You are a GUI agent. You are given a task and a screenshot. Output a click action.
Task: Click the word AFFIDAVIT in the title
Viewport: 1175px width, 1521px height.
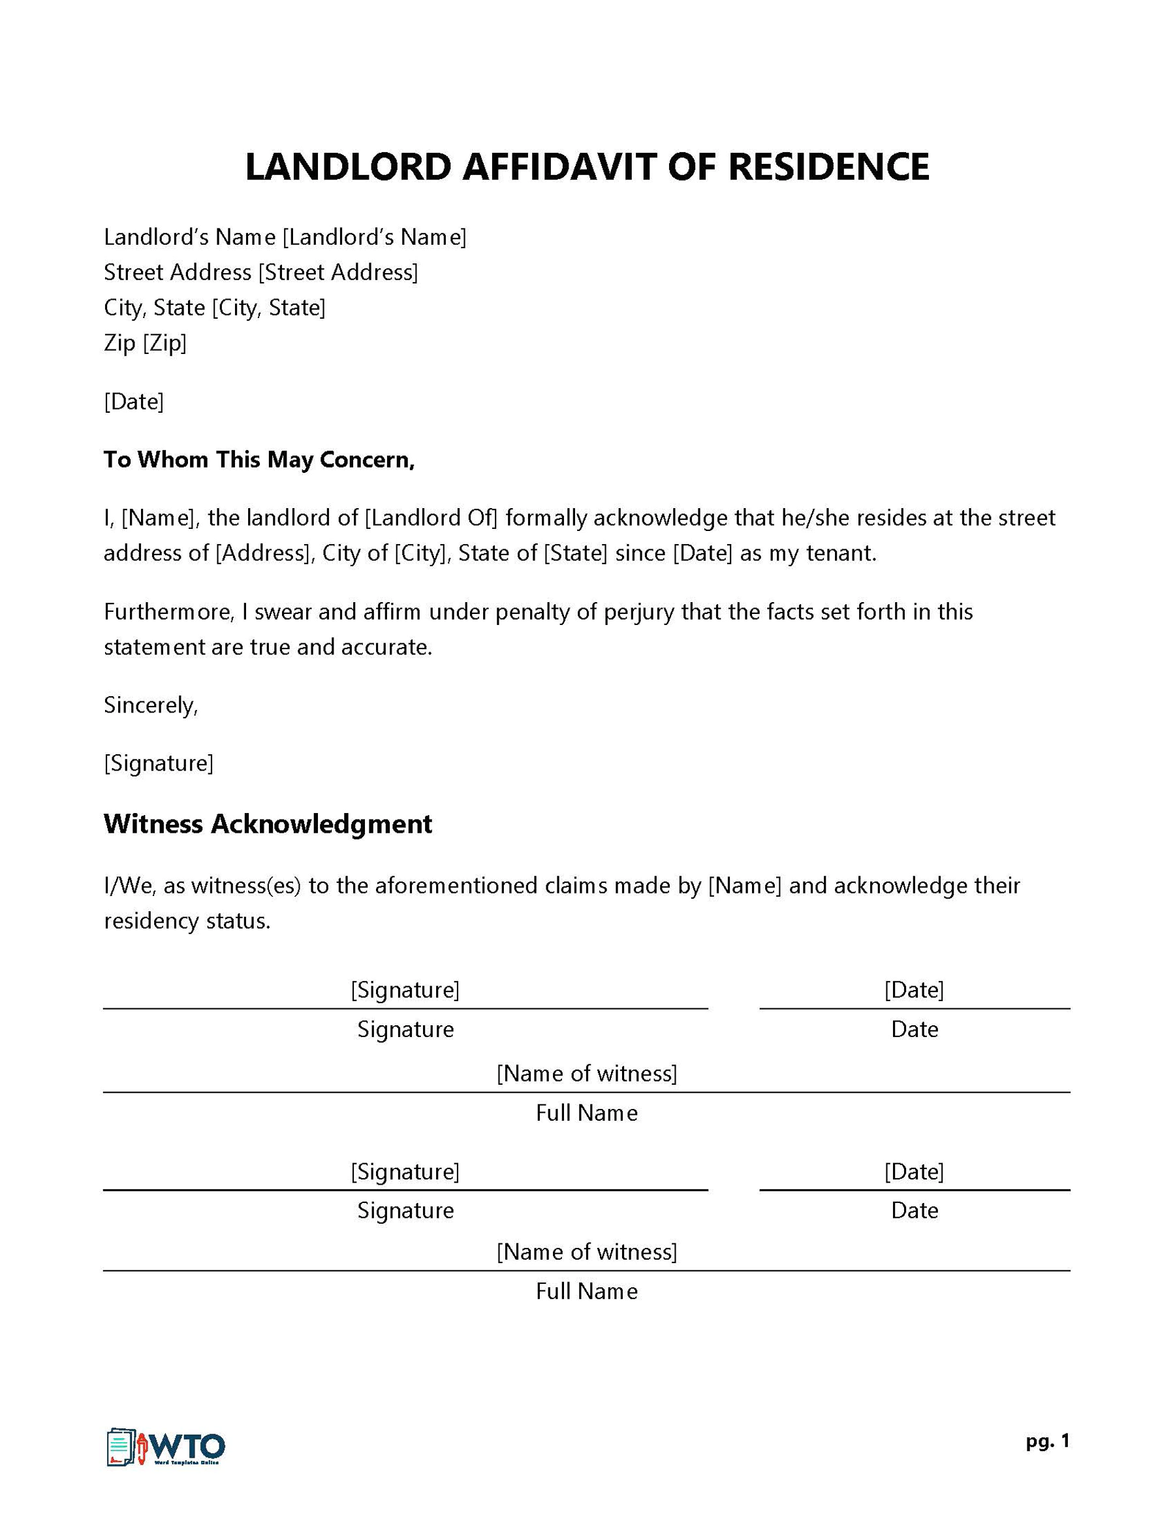click(x=559, y=167)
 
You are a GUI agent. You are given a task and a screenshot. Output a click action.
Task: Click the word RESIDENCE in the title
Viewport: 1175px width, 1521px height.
click(x=828, y=167)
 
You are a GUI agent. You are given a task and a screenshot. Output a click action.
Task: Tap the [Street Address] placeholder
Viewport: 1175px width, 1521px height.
click(x=338, y=272)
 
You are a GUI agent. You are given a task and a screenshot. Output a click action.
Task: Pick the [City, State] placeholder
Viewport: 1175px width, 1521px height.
click(x=269, y=308)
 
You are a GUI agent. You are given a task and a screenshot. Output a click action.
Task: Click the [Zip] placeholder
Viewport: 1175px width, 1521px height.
click(x=165, y=344)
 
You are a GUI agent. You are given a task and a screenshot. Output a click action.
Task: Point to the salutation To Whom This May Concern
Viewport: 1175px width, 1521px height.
click(x=259, y=460)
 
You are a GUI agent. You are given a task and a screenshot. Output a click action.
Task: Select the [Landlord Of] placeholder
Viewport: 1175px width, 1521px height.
click(x=431, y=518)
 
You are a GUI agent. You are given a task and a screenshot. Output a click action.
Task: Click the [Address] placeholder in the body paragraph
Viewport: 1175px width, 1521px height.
click(x=263, y=554)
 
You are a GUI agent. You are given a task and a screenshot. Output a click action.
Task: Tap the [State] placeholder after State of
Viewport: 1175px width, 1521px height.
click(x=576, y=554)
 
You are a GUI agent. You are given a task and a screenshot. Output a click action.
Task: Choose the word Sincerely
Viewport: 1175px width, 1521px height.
click(x=150, y=705)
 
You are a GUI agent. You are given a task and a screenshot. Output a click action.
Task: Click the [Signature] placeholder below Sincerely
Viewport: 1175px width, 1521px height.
click(x=159, y=764)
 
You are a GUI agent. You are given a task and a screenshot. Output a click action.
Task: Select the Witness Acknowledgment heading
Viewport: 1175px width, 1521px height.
click(x=268, y=824)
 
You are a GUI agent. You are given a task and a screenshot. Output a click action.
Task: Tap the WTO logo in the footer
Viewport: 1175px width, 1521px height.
click(x=166, y=1449)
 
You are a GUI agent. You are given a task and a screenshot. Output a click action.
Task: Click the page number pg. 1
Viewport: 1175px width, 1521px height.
click(x=1047, y=1441)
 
